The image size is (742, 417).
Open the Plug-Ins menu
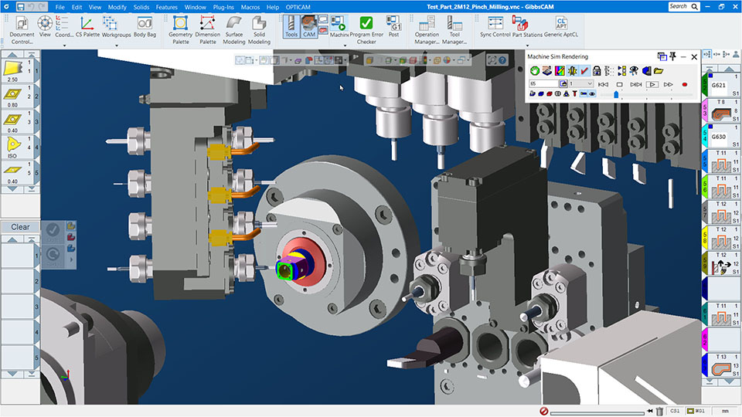(223, 7)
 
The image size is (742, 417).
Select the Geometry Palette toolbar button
(180, 30)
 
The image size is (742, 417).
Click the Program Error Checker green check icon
(366, 24)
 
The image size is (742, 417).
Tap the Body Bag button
(145, 27)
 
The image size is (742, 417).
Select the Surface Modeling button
(233, 30)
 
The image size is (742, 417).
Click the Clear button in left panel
(20, 227)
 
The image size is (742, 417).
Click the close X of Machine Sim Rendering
(694, 56)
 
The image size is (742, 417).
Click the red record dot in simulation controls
(684, 83)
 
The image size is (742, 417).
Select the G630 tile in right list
(719, 137)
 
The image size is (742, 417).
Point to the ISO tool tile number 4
(14, 146)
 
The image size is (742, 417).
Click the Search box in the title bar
(681, 6)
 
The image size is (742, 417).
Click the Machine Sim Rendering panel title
(557, 56)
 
